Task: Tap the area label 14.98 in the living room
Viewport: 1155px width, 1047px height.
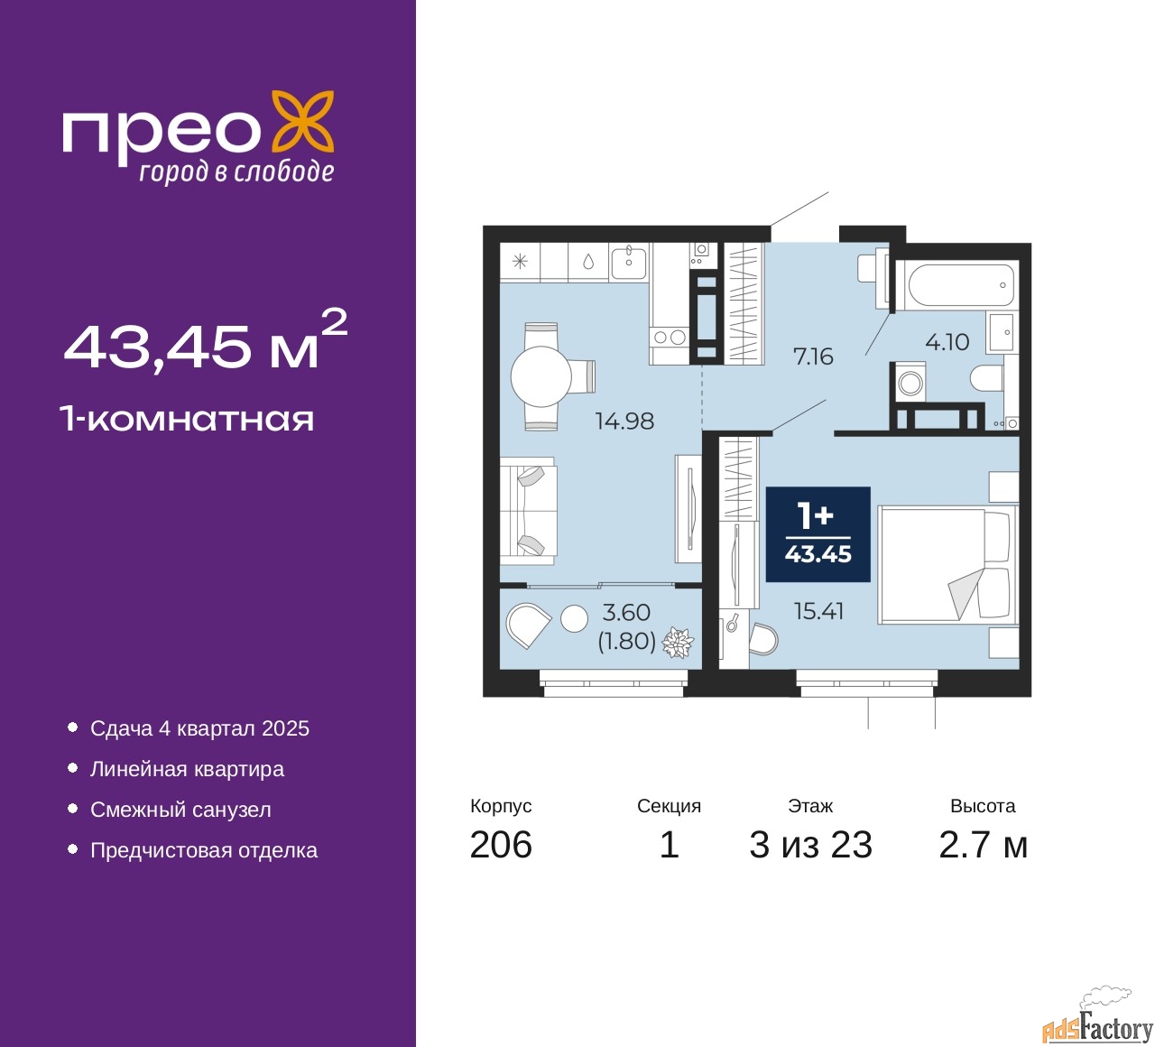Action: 624,421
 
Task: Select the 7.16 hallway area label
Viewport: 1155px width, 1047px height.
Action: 813,357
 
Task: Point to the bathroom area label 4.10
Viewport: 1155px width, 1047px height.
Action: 947,342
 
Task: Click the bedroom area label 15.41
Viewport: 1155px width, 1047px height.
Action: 818,611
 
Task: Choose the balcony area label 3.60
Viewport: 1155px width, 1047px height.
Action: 626,612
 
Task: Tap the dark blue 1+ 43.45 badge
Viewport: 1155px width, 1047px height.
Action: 818,534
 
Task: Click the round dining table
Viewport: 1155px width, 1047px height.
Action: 541,376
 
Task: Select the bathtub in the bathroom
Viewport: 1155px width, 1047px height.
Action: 961,285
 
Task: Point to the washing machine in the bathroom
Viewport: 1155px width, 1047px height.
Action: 910,383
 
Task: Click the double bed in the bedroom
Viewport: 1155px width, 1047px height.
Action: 946,565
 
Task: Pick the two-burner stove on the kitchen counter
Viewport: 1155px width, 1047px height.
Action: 670,338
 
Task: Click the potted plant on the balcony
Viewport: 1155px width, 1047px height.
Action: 678,643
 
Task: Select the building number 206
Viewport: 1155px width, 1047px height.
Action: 501,845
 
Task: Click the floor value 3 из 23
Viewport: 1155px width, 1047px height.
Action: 810,845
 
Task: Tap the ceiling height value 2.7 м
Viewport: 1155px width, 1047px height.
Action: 983,845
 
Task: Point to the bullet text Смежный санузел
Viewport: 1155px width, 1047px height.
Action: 180,810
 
